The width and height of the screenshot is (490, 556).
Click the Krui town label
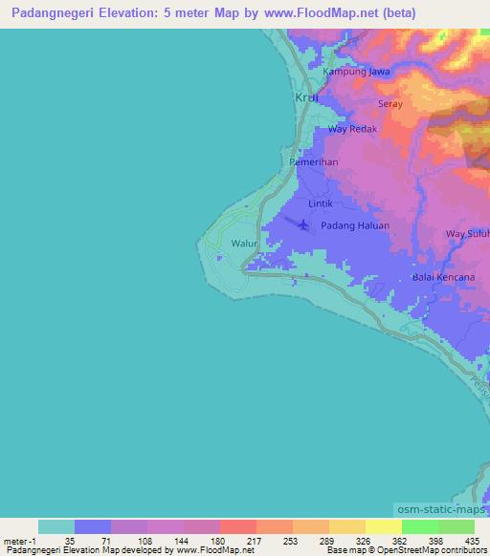point(305,99)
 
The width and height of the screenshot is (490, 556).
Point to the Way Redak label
point(353,129)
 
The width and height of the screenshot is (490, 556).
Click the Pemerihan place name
point(314,162)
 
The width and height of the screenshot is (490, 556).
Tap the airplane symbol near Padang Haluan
point(304,225)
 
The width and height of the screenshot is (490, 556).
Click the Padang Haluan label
point(355,225)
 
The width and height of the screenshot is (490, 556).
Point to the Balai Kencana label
point(443,277)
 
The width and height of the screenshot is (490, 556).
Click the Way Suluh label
point(468,233)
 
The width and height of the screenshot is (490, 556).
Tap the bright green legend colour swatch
point(419,526)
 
